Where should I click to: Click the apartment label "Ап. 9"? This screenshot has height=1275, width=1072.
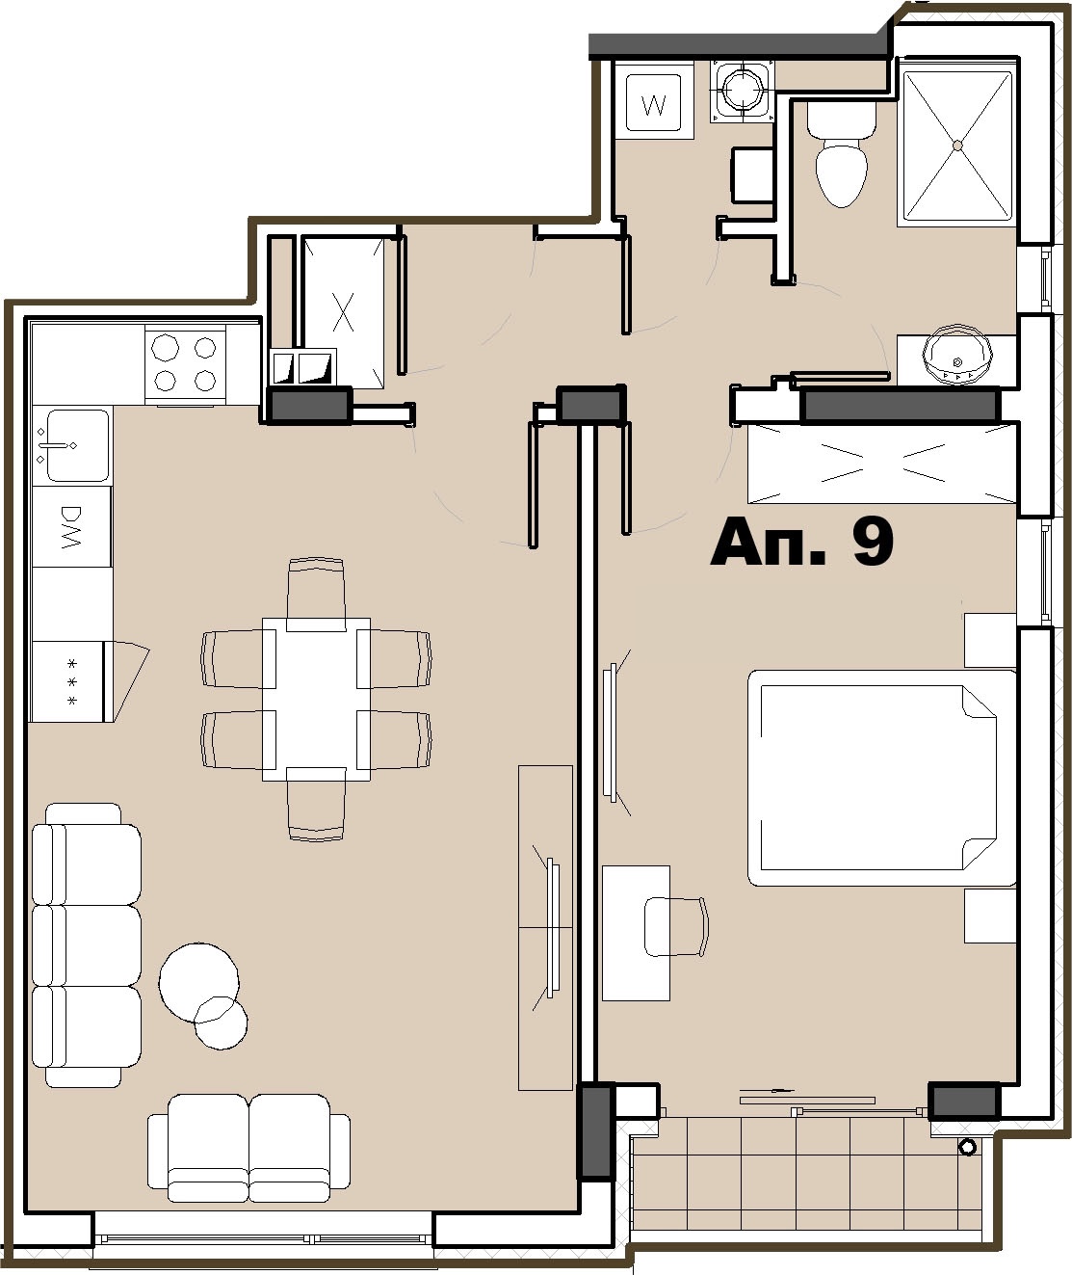pyautogui.click(x=801, y=543)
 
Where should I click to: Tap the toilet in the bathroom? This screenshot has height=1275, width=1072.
pyautogui.click(x=841, y=154)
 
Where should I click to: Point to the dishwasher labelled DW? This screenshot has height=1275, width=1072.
pyautogui.click(x=72, y=526)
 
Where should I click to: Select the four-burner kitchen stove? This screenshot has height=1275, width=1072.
pyautogui.click(x=185, y=364)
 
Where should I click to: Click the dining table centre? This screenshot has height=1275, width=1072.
pyautogui.click(x=316, y=699)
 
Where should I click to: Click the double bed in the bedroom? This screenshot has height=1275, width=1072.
pyautogui.click(x=881, y=778)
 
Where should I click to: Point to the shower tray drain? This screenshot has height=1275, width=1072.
pyautogui.click(x=957, y=146)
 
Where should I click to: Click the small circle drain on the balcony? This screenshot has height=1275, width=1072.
pyautogui.click(x=968, y=1148)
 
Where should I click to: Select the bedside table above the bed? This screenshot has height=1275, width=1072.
pyautogui.click(x=990, y=640)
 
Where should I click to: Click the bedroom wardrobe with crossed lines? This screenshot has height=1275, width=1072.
pyautogui.click(x=881, y=464)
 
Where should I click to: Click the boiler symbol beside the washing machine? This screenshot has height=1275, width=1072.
pyautogui.click(x=742, y=91)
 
